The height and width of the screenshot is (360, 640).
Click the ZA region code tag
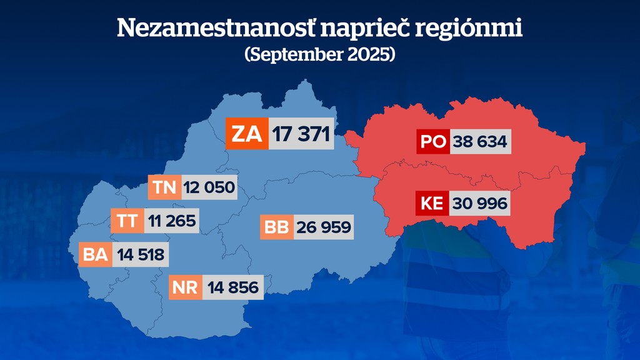pyautogui.click(x=247, y=133)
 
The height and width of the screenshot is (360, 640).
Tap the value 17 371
pyautogui.click(x=301, y=133)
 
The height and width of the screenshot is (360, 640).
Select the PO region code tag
pyautogui.click(x=433, y=142)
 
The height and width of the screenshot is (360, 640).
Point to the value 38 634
pyautogui.click(x=480, y=142)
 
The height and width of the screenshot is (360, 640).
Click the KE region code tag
pyautogui.click(x=432, y=204)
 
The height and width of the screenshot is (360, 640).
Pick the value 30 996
pyautogui.click(x=480, y=204)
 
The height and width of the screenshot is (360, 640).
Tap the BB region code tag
pyautogui.click(x=276, y=227)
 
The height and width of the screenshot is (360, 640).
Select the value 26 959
pyautogui.click(x=323, y=227)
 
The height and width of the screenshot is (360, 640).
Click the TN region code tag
pyautogui.click(x=164, y=187)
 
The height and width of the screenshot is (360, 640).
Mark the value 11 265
pyautogui.click(x=171, y=220)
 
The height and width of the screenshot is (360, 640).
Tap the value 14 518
pyautogui.click(x=141, y=254)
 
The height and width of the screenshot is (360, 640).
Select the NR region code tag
pyautogui.click(x=186, y=287)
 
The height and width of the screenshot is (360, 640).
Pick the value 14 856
pyautogui.click(x=232, y=287)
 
